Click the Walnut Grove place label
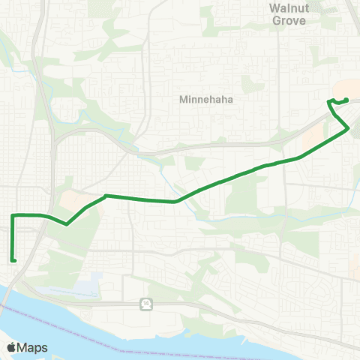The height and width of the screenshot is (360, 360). pyautogui.click(x=288, y=14)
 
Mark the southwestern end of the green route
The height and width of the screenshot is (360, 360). pyautogui.click(x=13, y=260)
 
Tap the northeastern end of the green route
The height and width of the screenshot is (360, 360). pyautogui.click(x=346, y=100)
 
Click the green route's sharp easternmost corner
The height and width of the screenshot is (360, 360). pyautogui.click(x=349, y=129)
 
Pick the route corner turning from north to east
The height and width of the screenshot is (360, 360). pyautogui.click(x=13, y=216)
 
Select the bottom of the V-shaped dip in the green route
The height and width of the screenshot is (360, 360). pyautogui.click(x=67, y=223)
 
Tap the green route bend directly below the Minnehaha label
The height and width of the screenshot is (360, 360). pyautogui.click(x=175, y=201)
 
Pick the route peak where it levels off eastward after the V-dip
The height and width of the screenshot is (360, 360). pyautogui.click(x=106, y=196)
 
